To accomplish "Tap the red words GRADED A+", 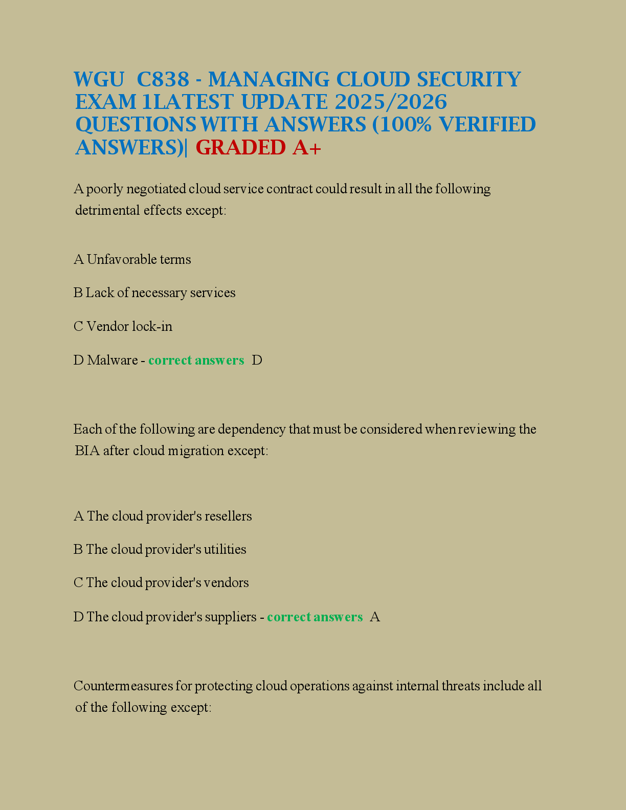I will click(258, 148).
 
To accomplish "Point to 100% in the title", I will click(404, 125).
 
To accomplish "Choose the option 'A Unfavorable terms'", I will click(132, 260).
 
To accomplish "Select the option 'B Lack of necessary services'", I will click(154, 293).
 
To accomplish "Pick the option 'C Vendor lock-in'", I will click(123, 326).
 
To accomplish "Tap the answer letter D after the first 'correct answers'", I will click(257, 361).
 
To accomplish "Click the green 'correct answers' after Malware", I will click(196, 361).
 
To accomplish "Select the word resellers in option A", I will click(228, 516).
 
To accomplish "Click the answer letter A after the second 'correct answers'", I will click(375, 617).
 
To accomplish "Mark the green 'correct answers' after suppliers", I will click(315, 617).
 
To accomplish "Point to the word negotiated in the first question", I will click(156, 189).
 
